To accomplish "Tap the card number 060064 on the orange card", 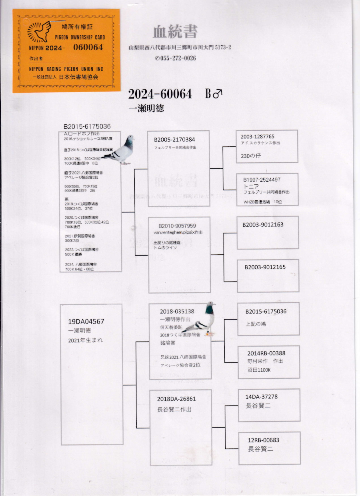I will click(88, 47).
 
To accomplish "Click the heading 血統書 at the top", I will click(175, 32).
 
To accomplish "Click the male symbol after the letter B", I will click(218, 94).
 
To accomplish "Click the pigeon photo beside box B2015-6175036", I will click(119, 150).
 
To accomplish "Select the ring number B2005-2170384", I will click(174, 140).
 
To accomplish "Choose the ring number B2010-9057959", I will click(177, 226).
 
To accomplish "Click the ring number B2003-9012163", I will click(263, 224).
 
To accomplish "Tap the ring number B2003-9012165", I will click(265, 267).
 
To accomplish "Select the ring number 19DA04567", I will click(86, 321).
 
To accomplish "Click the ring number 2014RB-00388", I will click(266, 353).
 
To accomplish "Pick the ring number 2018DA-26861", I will click(177, 399).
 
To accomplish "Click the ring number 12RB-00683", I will click(264, 440).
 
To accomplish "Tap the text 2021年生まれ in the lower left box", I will click(86, 340).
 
